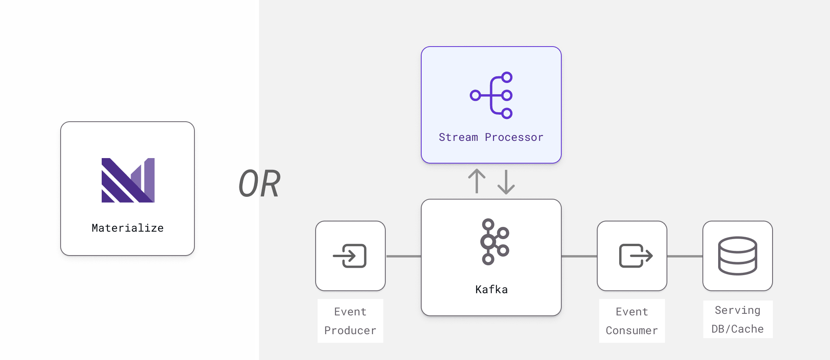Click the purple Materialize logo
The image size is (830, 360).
[x=128, y=180]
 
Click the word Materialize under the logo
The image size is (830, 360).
[x=128, y=228]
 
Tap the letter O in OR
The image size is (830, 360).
[x=248, y=183]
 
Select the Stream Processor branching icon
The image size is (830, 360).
[x=492, y=95]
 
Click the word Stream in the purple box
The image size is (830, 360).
[x=458, y=137]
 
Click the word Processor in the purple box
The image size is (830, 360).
[x=514, y=137]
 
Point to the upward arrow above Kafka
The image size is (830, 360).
[x=477, y=181]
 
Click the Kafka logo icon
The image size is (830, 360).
[x=494, y=242]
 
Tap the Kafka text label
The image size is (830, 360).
[x=491, y=290]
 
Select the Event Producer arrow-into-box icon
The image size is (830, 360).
[x=350, y=256]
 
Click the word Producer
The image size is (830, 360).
[x=350, y=331]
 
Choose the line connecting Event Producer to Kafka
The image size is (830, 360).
[x=403, y=256]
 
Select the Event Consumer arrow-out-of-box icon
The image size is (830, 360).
[x=635, y=256]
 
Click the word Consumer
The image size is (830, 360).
[x=632, y=331]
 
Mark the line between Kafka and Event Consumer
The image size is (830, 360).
[x=579, y=256]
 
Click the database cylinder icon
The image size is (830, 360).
[x=737, y=256]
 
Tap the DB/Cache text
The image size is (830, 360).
[x=737, y=329]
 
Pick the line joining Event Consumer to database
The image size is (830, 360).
[x=685, y=256]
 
